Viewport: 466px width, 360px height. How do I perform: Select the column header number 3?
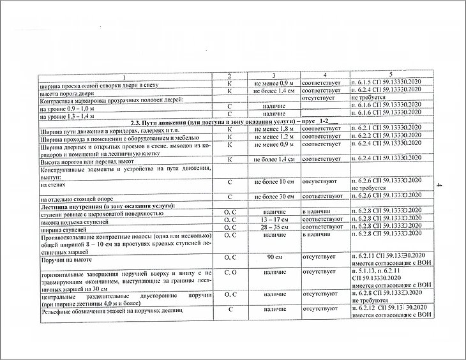273,75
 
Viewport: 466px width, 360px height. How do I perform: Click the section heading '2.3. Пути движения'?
228,121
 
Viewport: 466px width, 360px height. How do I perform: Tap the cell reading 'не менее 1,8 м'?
273,128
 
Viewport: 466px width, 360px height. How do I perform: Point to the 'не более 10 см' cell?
273,182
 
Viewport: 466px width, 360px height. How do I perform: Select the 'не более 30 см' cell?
273,195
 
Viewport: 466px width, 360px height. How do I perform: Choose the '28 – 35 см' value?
273,227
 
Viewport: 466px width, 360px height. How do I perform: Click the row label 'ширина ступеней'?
63,228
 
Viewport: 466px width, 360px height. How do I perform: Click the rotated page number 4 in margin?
439,186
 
